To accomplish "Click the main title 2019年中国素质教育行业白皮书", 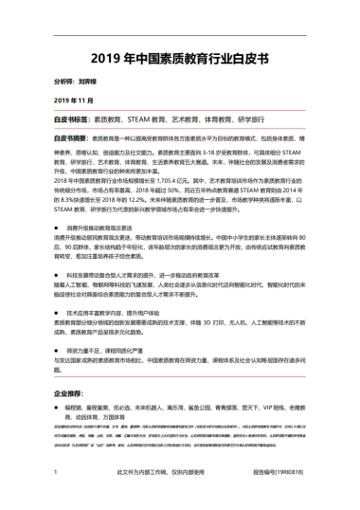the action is click(x=179, y=57).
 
